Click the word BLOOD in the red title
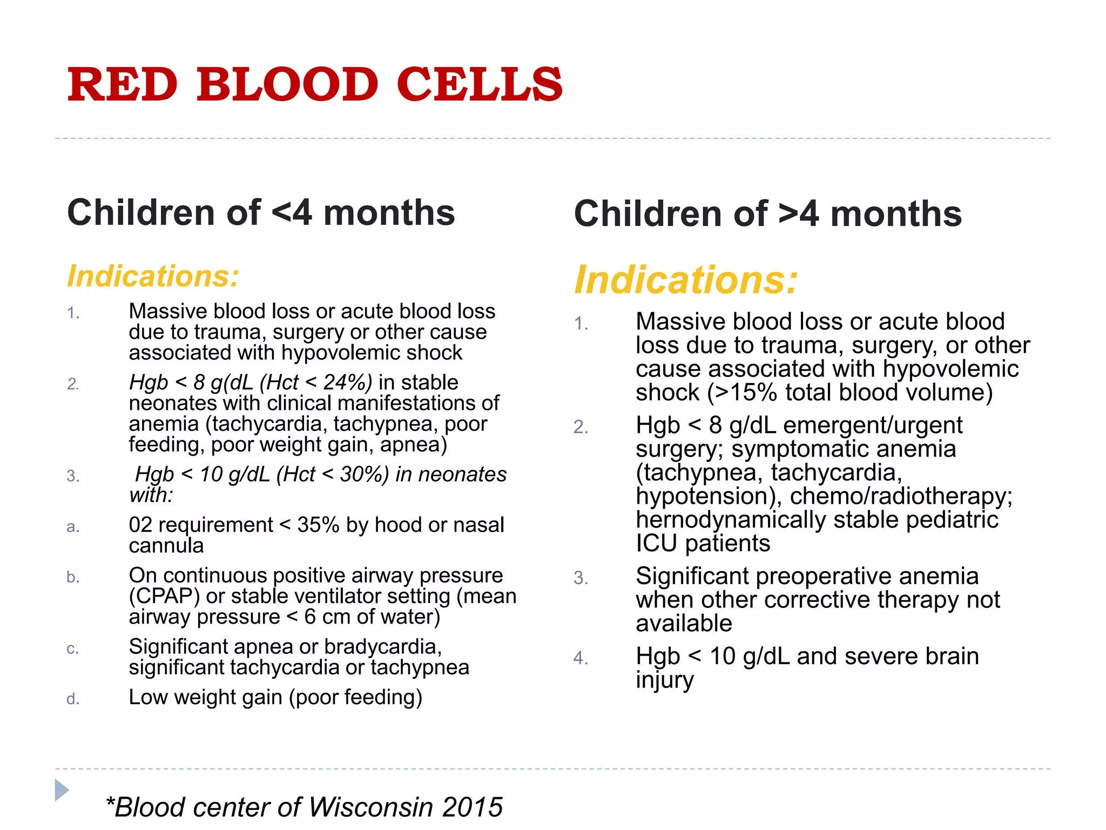pos(287,84)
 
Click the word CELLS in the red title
pos(480,84)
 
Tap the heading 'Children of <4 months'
pos(261,212)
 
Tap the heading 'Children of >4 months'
pos(767,214)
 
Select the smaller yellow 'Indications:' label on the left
pos(153,276)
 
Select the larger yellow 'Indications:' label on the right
pos(685,280)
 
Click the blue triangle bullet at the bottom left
pos(62,790)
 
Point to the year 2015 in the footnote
pos(472,807)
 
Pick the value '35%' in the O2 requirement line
pos(318,525)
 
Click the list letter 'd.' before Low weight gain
pos(73,699)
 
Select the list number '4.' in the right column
pos(581,658)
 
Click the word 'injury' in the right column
pos(664,680)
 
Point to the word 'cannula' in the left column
pos(166,546)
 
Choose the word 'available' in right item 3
pos(684,624)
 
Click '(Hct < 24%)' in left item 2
pos(316,383)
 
